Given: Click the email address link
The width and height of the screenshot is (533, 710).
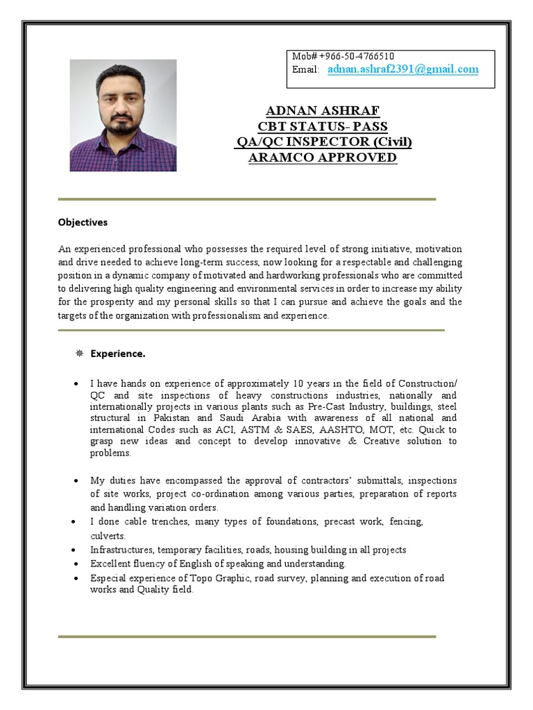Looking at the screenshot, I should click(403, 69).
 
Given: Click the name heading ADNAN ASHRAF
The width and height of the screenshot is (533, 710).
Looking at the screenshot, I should click(323, 111).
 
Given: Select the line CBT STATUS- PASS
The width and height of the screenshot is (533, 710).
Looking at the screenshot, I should click(323, 126).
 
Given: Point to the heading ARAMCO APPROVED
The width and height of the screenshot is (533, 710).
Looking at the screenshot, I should click(323, 157).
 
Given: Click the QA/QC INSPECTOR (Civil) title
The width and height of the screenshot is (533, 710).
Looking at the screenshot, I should click(323, 142).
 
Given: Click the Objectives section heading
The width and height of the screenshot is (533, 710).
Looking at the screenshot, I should click(83, 223).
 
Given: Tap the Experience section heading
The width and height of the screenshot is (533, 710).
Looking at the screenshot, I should click(118, 354).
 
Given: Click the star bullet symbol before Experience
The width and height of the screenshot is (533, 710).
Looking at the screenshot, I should click(79, 354).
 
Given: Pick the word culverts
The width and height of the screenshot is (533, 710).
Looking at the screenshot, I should click(108, 536).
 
